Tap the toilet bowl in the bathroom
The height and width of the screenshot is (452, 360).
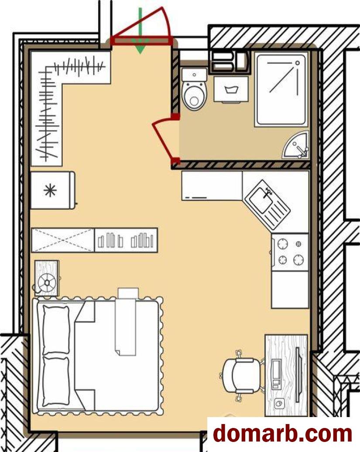[x=195, y=96]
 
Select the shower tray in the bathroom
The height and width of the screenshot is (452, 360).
[x=281, y=90]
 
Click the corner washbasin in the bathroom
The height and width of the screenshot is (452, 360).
[x=297, y=145]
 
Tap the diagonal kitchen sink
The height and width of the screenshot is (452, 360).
[x=267, y=205]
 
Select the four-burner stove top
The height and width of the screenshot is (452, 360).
[x=290, y=252]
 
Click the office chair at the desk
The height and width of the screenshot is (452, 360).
[x=242, y=375]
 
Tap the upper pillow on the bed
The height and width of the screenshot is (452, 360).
[x=56, y=330]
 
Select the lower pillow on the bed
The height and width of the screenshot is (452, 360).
[x=56, y=382]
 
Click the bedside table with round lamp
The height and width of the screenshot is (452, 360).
[x=47, y=279]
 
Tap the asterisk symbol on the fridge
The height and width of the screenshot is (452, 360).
[x=50, y=190]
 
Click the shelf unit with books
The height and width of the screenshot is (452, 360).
[x=126, y=240]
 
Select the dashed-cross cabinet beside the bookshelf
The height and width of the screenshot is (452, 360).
[x=63, y=240]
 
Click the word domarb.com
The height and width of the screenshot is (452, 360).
[x=282, y=433]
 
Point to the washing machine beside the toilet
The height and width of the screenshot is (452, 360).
[x=231, y=90]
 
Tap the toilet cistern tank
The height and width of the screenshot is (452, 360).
[x=195, y=75]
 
